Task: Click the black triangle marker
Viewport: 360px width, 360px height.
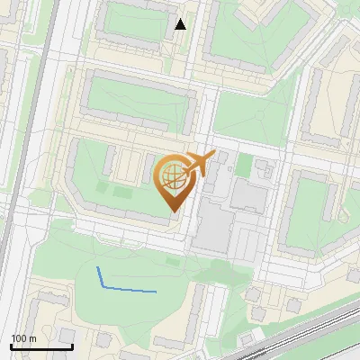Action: pyautogui.click(x=181, y=24)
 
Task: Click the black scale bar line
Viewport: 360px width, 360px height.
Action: pyautogui.click(x=41, y=346)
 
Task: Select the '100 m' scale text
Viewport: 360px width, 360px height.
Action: pyautogui.click(x=23, y=338)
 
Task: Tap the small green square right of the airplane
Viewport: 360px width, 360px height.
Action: pyautogui.click(x=244, y=166)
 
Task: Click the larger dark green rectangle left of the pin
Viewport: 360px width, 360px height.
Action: pyautogui.click(x=121, y=192)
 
